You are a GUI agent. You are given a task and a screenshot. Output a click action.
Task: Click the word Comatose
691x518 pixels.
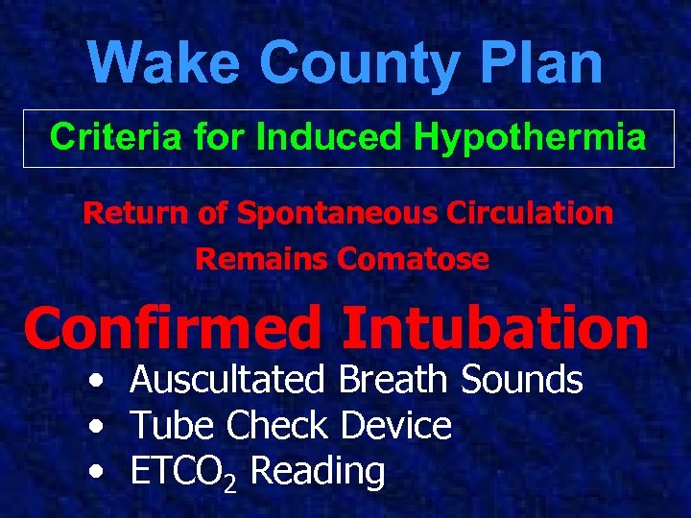(x=414, y=259)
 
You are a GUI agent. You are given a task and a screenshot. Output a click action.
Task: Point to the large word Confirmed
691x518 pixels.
(x=174, y=328)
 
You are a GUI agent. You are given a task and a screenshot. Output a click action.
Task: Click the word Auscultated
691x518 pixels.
(x=228, y=380)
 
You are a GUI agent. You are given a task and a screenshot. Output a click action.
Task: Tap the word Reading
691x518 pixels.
(x=317, y=473)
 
